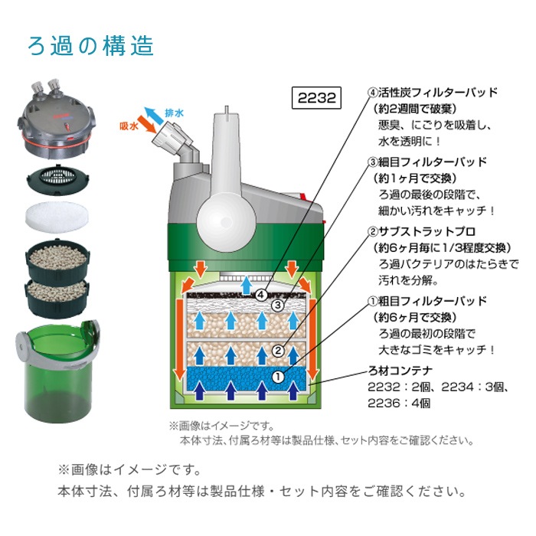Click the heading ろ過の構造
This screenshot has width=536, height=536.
(x=90, y=46)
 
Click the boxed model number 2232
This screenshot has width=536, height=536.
(x=316, y=98)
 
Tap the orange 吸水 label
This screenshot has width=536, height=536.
(x=129, y=126)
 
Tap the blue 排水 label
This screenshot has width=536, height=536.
(x=175, y=113)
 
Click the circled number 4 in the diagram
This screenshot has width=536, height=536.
(x=262, y=295)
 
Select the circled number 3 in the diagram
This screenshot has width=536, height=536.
(x=278, y=305)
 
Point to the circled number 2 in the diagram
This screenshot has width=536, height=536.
(x=278, y=351)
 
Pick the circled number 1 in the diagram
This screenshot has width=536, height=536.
(x=278, y=377)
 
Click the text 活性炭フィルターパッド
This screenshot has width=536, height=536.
(x=437, y=93)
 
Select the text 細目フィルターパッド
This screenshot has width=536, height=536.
(x=432, y=162)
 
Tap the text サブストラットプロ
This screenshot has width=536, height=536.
(x=427, y=231)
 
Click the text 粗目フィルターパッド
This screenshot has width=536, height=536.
(x=432, y=301)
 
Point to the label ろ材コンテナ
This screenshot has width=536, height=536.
(x=400, y=371)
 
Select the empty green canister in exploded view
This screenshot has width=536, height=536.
(x=58, y=371)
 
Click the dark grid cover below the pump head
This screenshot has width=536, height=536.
(x=57, y=179)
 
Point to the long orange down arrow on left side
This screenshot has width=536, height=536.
(x=179, y=339)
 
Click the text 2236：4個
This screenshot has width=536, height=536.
(x=399, y=404)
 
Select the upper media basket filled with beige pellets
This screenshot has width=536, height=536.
(x=57, y=260)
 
